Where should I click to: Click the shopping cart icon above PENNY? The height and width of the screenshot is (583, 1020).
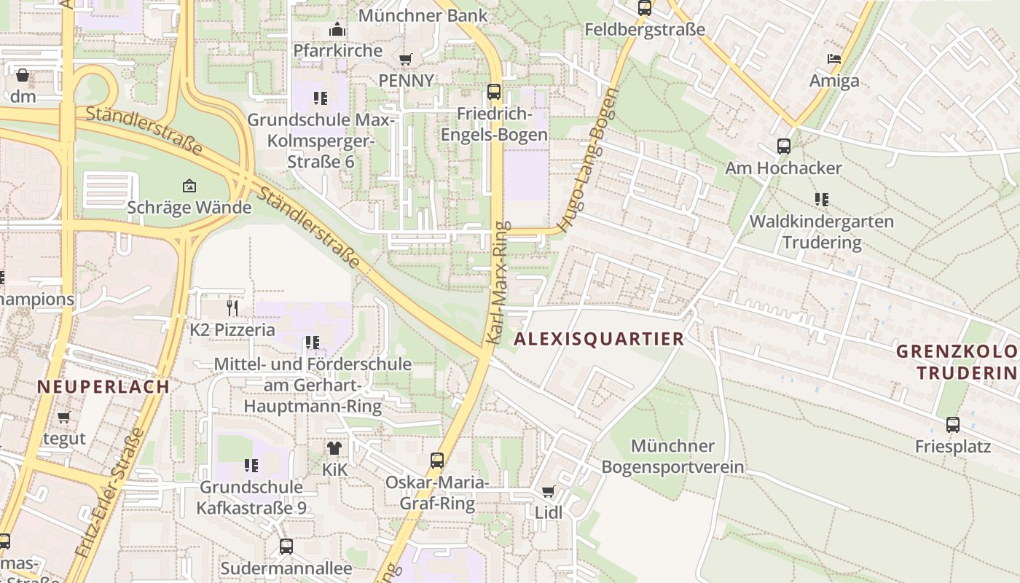[406, 59]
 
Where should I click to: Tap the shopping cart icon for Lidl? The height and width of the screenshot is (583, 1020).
[548, 492]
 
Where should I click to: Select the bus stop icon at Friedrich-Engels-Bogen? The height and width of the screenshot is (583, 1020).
[494, 92]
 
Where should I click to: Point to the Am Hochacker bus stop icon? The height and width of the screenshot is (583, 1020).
[784, 146]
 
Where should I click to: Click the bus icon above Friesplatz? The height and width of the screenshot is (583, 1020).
[952, 425]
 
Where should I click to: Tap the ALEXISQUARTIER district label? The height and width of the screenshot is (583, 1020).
[599, 339]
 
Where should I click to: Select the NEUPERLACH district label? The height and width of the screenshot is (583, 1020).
[103, 387]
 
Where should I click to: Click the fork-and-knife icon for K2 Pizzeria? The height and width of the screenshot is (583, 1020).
[232, 308]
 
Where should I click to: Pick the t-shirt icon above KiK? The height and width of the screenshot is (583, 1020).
[334, 448]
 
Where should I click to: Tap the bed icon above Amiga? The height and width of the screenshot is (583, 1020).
[834, 59]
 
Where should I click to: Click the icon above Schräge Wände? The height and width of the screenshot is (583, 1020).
[189, 186]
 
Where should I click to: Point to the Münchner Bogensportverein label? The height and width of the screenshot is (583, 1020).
[672, 456]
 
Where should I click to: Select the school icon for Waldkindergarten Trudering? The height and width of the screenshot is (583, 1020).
[822, 200]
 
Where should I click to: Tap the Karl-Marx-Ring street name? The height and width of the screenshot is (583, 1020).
[499, 283]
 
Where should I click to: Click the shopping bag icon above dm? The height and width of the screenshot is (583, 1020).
[23, 75]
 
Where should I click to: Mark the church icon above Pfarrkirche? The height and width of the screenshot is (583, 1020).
[337, 30]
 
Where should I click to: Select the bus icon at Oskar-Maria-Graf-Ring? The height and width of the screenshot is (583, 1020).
[437, 461]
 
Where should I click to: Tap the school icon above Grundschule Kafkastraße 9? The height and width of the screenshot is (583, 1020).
[251, 465]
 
